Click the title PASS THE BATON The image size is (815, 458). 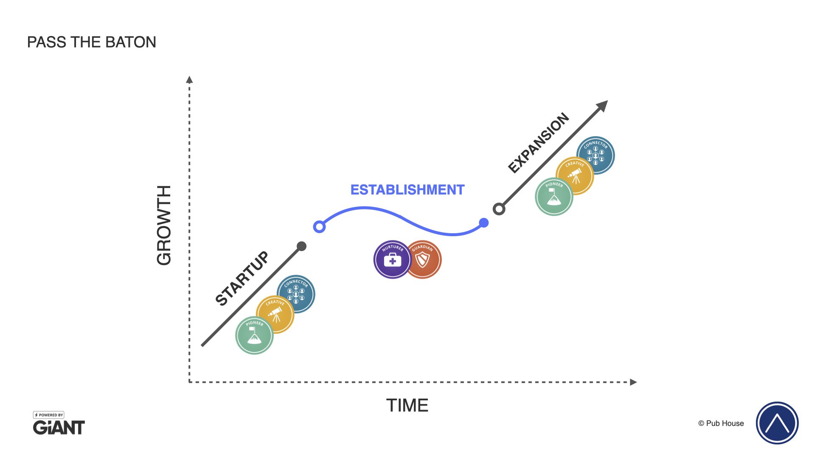tap(92, 42)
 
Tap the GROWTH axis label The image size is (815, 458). tap(164, 225)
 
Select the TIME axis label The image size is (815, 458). tap(407, 405)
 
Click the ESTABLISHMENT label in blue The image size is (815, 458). tap(407, 190)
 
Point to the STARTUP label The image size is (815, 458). tap(242, 278)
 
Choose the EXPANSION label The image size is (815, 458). tap(539, 143)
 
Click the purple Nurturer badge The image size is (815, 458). tap(392, 260)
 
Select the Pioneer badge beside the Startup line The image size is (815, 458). tap(254, 335)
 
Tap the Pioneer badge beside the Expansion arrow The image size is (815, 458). tap(554, 197)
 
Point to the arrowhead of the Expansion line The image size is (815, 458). tap(603, 106)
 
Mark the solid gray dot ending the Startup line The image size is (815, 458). tap(301, 246)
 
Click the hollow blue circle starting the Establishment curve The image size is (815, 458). tap(319, 227)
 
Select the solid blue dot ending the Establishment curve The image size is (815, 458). tap(483, 223)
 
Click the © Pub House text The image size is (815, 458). tap(721, 423)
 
